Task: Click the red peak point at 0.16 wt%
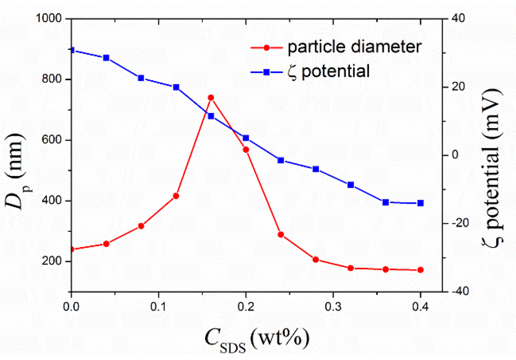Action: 211,97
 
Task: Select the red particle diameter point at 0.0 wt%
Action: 72,249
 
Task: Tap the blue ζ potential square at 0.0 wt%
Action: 72,50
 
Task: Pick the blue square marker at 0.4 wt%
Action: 420,203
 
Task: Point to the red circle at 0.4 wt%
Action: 420,270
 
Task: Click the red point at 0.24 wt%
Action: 281,234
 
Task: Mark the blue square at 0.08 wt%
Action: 141,78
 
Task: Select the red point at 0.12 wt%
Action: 176,196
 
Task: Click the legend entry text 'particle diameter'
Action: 354,47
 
